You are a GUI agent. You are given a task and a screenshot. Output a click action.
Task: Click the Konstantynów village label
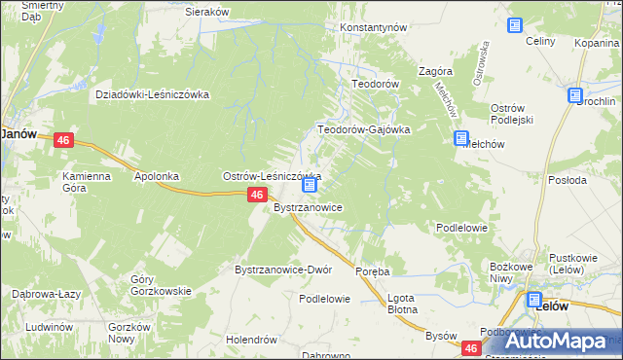pos(372,28)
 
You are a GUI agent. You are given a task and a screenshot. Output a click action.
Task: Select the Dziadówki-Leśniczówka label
pos(153,94)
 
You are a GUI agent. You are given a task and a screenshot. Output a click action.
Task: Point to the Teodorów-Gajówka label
pos(364,129)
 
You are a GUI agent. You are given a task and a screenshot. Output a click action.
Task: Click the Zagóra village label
pos(435,72)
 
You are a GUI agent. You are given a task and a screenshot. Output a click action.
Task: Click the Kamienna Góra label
pos(90,183)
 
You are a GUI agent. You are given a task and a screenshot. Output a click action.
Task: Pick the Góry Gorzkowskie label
pos(161,285)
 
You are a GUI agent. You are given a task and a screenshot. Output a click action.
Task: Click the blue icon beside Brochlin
pos(575,95)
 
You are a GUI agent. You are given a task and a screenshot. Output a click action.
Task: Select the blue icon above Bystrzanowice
pos(310,185)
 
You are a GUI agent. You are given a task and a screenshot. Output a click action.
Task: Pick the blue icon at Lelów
pos(534,301)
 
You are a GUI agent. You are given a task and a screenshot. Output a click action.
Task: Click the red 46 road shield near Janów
pos(63,141)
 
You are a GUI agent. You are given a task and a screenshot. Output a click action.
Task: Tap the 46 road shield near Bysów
pos(472,347)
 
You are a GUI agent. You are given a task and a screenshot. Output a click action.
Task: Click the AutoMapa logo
pos(554,341)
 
